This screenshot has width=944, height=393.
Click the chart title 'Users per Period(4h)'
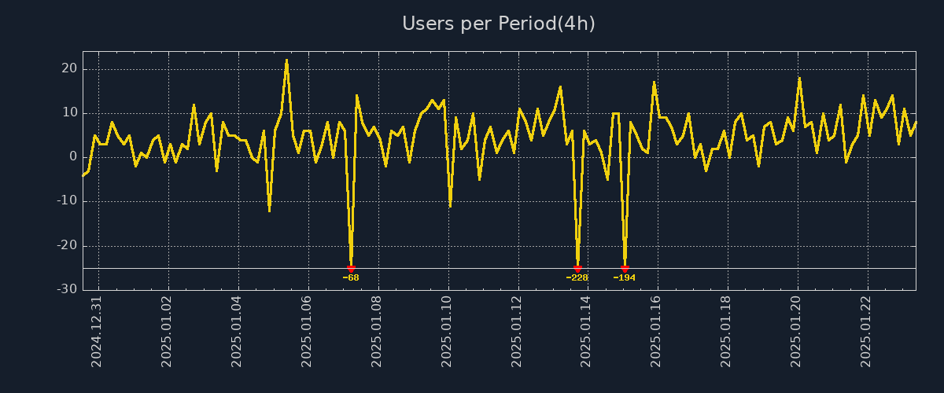(x=498, y=24)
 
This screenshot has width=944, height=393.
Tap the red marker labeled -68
(x=351, y=269)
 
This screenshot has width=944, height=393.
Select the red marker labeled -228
(x=577, y=269)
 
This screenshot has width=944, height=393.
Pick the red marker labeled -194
(x=625, y=269)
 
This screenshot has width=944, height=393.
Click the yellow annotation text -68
(x=351, y=278)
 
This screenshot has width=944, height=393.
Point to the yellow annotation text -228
(x=577, y=278)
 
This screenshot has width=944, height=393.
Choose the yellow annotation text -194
(x=625, y=278)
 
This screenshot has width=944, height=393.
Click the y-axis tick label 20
(x=69, y=69)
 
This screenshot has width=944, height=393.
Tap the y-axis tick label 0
(x=73, y=157)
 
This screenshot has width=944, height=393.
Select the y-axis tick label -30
(x=67, y=290)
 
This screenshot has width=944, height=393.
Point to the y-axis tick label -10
(x=67, y=201)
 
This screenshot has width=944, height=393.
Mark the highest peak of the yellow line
(x=286, y=60)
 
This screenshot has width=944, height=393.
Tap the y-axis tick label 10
(x=69, y=113)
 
